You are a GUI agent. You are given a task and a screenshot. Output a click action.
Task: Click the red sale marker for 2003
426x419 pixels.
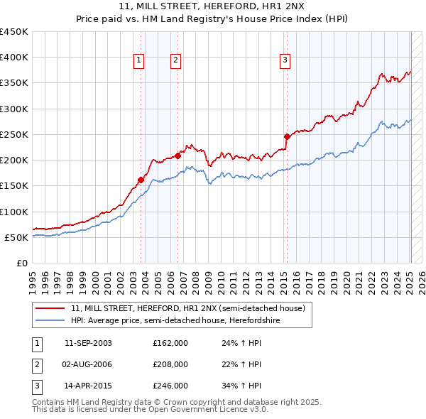click(141, 180)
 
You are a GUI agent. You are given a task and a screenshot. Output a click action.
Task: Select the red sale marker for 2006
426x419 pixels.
click(177, 156)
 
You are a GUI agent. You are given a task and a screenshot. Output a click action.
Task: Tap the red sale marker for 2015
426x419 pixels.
click(287, 136)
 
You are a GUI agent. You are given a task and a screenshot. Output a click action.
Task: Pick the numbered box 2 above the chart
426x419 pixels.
click(175, 60)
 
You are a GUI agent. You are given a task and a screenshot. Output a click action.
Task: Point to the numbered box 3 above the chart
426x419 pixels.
click(284, 60)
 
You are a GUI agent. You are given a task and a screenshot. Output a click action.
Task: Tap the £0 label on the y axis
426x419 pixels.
click(22, 263)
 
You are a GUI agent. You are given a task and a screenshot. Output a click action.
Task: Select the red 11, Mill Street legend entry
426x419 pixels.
click(188, 308)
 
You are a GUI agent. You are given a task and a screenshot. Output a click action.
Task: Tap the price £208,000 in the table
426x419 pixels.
click(170, 364)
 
